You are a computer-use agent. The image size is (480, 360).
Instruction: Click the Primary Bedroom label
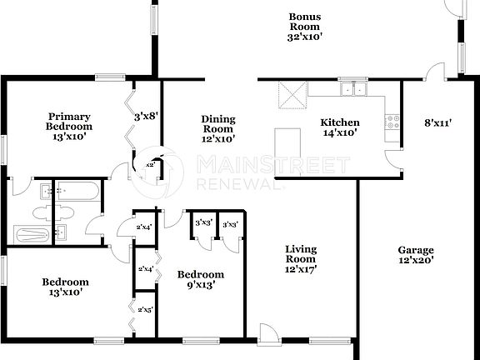(x=68, y=121)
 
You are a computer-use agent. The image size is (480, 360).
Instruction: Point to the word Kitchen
(x=340, y=122)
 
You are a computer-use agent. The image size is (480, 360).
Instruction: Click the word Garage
(x=415, y=250)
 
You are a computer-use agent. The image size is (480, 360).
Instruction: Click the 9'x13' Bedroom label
(x=201, y=275)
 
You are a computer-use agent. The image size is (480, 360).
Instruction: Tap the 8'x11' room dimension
(x=437, y=123)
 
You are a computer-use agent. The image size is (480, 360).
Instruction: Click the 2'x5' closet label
(x=145, y=309)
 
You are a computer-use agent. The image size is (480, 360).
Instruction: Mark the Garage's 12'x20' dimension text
(x=415, y=261)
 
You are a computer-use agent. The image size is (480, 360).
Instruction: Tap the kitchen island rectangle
(x=288, y=146)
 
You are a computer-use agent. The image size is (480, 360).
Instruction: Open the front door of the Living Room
(x=268, y=336)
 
